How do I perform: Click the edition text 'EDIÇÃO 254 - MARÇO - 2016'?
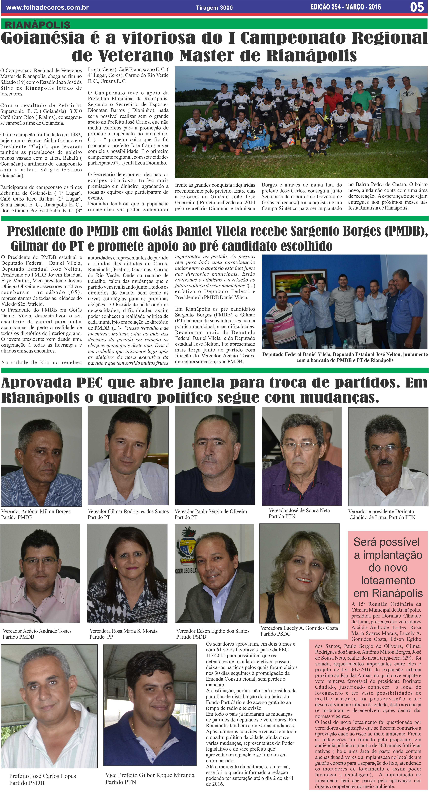pos(345,7)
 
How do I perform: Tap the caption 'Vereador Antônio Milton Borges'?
pos(36,511)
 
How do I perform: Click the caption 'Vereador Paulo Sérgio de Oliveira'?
pos(211,511)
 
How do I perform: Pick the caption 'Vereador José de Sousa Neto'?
pos(299,510)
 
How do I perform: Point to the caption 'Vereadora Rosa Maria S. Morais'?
pos(123,631)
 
